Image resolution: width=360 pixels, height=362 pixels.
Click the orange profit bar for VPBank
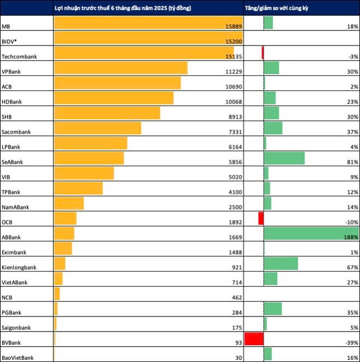(120, 68)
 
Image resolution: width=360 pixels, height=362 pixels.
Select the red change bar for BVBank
(254, 339)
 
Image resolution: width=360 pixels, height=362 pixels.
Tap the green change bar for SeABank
(284, 158)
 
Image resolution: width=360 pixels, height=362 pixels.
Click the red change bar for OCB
(261, 219)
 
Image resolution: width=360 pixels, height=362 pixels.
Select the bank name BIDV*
(10, 42)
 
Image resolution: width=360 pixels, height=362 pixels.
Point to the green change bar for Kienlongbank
(281, 264)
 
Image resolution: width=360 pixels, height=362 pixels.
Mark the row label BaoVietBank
(17, 358)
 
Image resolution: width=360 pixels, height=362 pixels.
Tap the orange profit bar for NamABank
(69, 203)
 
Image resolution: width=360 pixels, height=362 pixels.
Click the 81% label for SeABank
(353, 162)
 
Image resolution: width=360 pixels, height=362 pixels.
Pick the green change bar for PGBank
(273, 309)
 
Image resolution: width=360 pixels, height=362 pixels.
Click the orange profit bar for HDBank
(114, 98)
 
